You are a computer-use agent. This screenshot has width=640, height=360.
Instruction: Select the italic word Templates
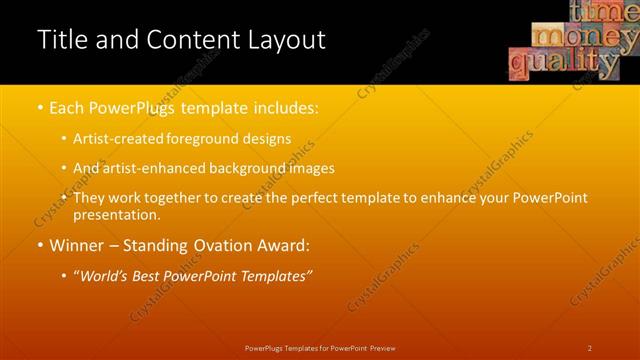(x=273, y=275)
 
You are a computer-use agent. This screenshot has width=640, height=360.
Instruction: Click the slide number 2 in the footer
(x=590, y=348)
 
